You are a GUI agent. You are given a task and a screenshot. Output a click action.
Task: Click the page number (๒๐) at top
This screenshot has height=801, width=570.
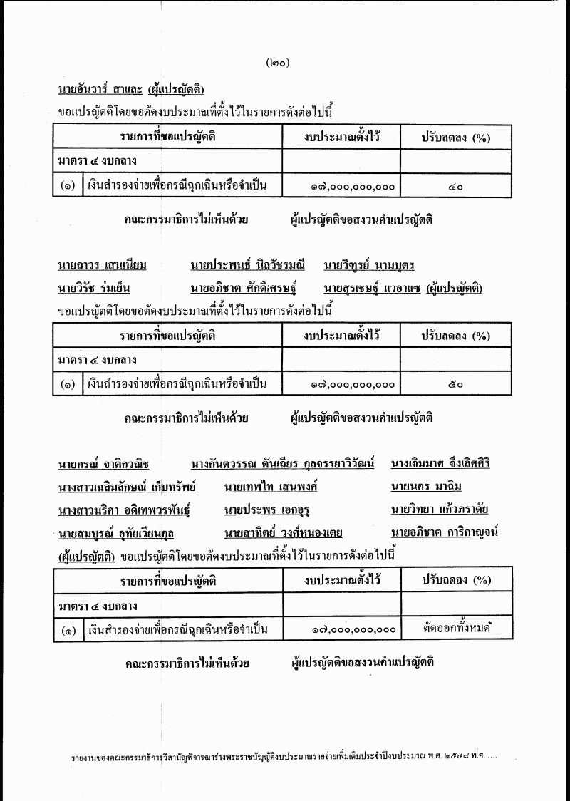276,63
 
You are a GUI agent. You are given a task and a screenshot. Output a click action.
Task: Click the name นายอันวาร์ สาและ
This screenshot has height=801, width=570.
99,90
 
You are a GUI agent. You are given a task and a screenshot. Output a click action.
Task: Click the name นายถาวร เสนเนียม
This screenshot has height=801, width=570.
103,267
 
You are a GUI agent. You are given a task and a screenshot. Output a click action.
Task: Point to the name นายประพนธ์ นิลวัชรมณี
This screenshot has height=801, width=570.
247,267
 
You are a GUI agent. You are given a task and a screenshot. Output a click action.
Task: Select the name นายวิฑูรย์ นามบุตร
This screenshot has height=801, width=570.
368,267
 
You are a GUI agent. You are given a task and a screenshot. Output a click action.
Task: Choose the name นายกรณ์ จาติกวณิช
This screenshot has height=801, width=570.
103,465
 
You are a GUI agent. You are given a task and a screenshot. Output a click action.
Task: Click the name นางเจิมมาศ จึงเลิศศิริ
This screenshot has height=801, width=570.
440,465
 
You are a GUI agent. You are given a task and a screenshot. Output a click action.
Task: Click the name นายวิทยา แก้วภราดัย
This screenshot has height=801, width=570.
440,510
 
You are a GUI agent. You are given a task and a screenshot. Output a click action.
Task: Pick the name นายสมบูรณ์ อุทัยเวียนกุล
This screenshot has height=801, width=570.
116,533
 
